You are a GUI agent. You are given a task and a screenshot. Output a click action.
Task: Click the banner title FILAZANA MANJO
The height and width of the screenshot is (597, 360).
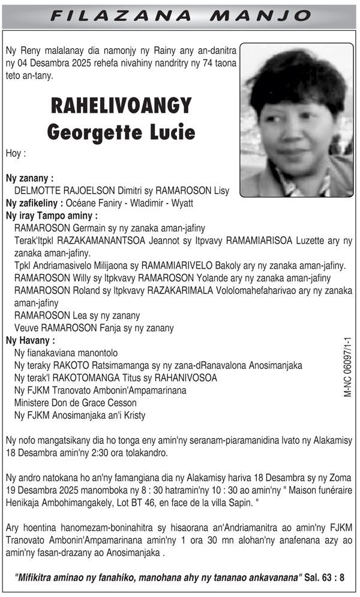coord(179,15)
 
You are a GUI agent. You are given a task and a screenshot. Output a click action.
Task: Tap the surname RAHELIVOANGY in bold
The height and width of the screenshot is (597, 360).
coord(121,106)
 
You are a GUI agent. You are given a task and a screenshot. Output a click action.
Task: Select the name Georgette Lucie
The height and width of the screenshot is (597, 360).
coord(121,131)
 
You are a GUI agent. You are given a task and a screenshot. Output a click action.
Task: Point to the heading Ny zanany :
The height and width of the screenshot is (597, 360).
coord(29,178)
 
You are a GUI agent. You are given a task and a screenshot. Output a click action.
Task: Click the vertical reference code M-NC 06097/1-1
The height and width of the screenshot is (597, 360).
coord(347,367)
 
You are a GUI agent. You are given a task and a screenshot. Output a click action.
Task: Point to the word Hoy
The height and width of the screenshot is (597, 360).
coord(16,153)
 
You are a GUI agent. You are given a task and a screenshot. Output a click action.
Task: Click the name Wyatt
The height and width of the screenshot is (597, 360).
coord(181,203)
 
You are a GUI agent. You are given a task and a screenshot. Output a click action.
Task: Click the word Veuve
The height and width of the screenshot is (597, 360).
coord(26,328)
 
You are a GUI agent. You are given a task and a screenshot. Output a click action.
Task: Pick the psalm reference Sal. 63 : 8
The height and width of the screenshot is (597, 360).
coord(324,578)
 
